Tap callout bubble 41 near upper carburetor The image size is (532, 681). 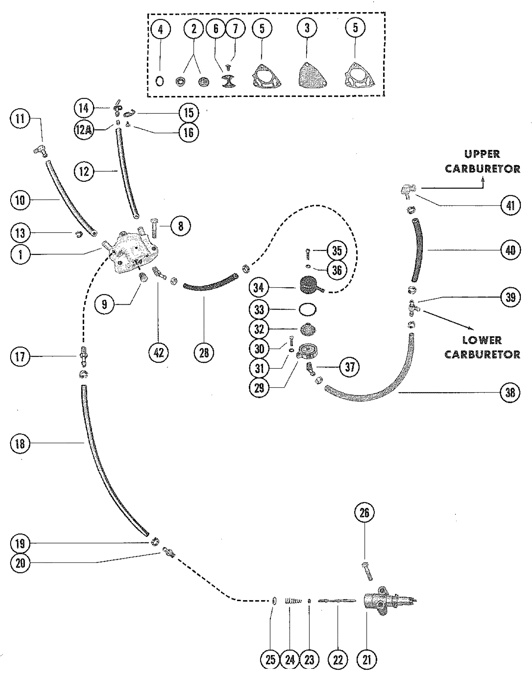510,205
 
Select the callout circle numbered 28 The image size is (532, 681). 204,353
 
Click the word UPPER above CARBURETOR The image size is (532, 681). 482,154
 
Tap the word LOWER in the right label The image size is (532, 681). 482,340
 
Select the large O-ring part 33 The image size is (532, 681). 308,310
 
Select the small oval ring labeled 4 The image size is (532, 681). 160,81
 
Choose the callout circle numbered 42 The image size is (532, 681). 159,353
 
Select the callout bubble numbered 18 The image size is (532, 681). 20,443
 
